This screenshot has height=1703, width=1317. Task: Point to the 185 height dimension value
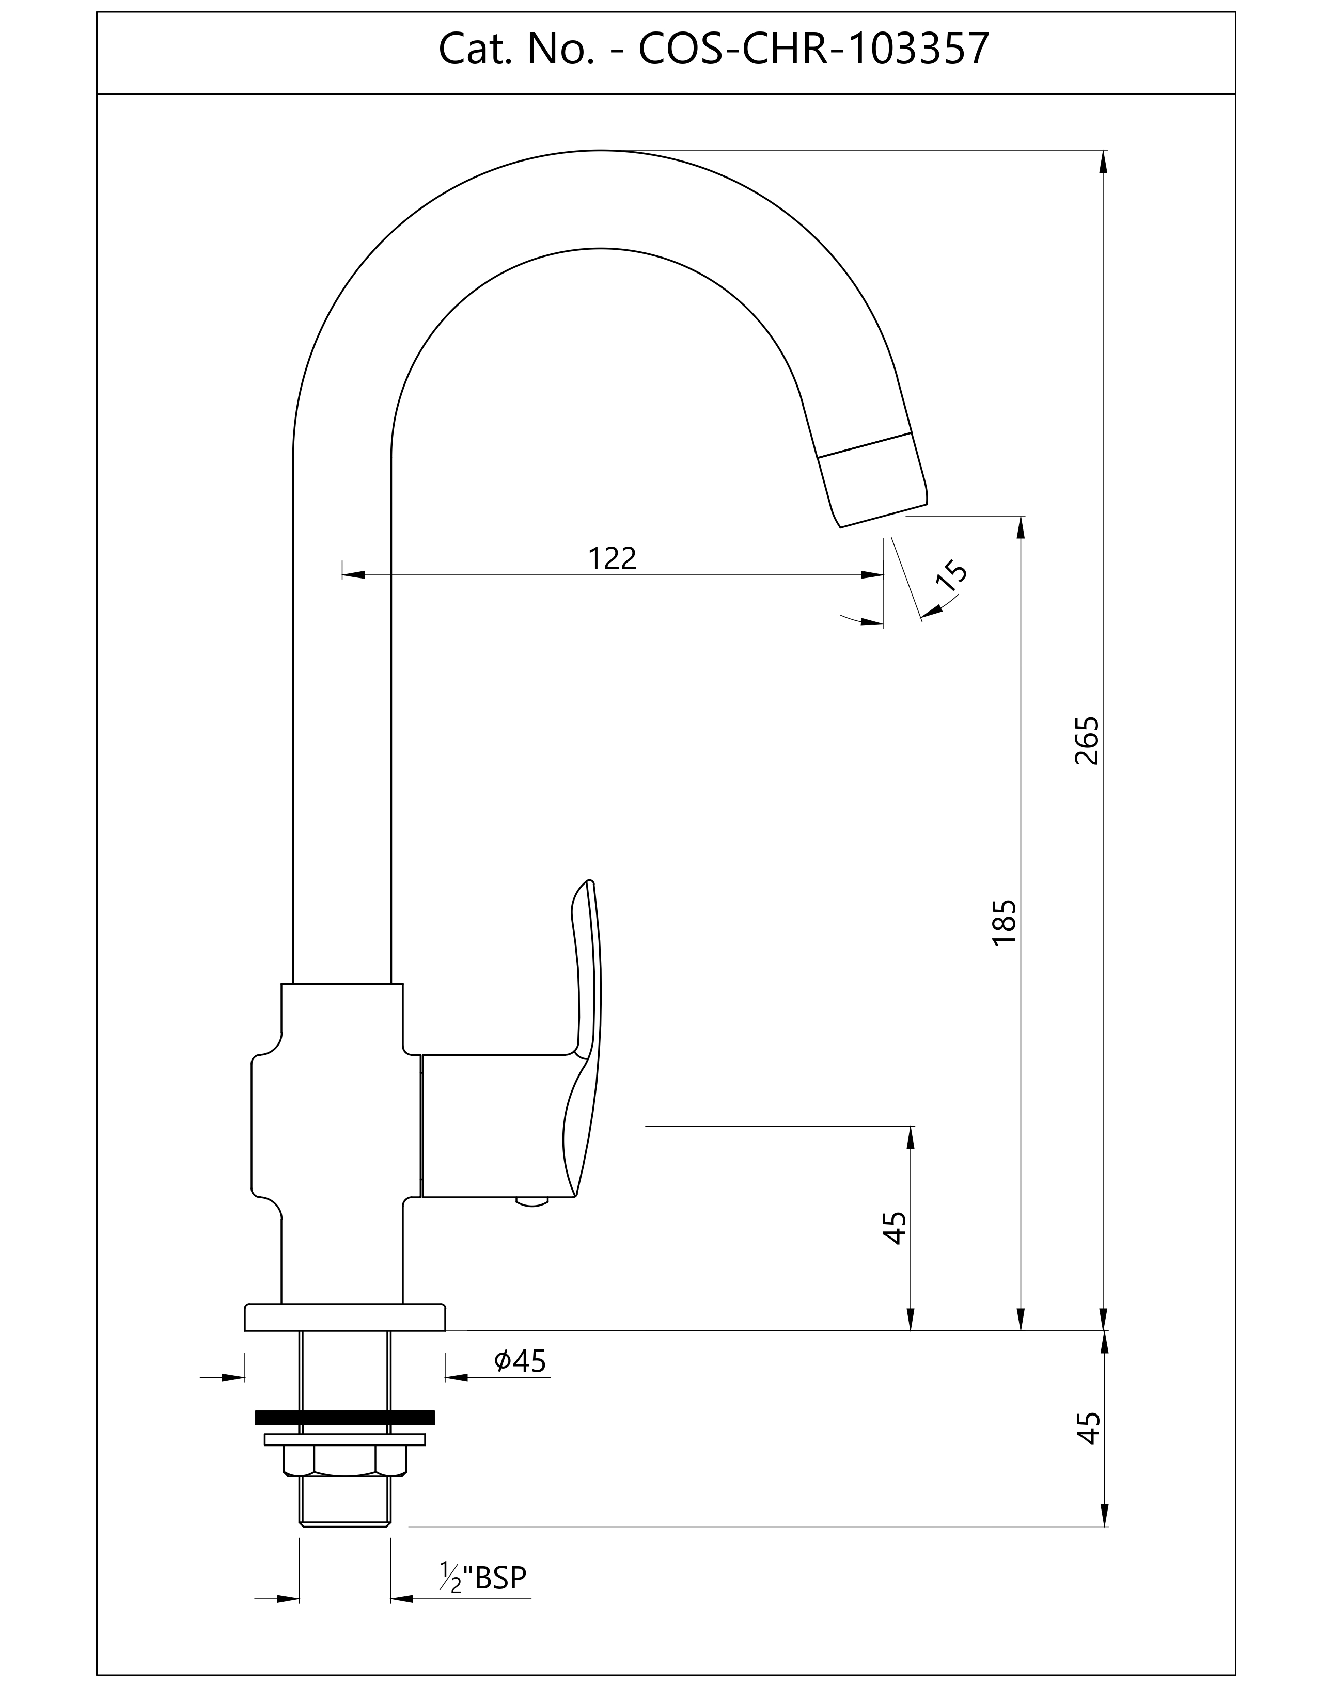(x=1004, y=923)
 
